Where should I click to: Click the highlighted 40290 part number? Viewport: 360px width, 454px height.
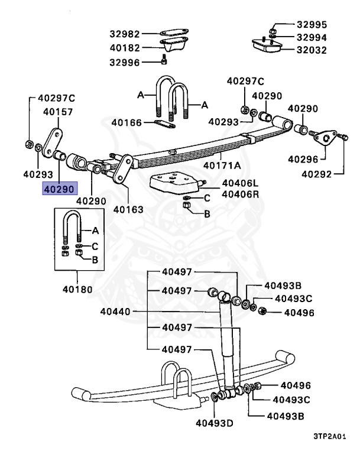click(x=58, y=189)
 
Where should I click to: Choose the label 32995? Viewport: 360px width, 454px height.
click(x=311, y=25)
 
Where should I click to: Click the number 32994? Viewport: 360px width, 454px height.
click(x=311, y=37)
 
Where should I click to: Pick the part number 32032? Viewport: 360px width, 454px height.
click(x=311, y=50)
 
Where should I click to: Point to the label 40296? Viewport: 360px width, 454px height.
click(x=303, y=159)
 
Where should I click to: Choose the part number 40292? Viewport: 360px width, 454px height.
click(x=317, y=174)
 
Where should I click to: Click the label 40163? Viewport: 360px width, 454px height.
click(x=128, y=209)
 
